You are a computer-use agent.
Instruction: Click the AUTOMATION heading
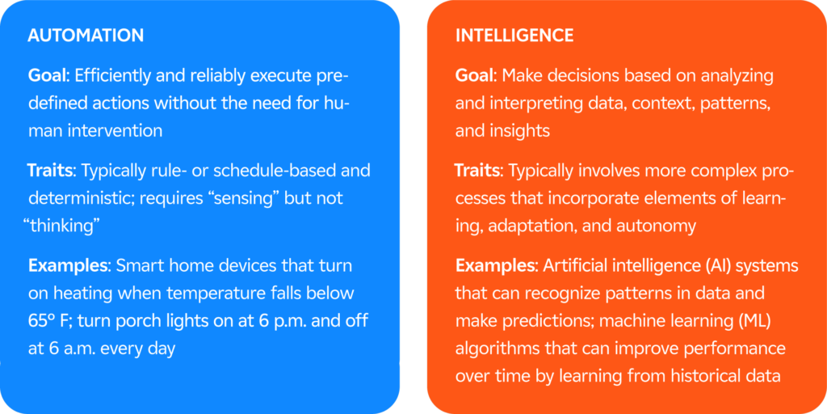click(86, 36)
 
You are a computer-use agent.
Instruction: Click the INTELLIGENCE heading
click(514, 36)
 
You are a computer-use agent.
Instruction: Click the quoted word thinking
click(62, 226)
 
